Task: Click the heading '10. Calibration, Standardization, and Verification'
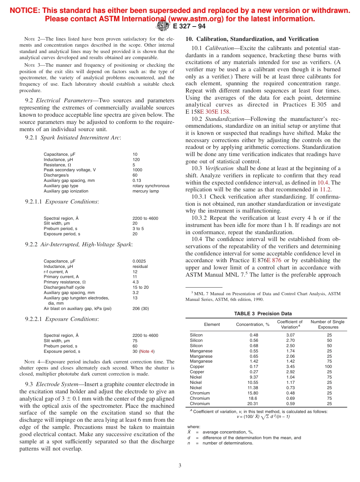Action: [x=252, y=39]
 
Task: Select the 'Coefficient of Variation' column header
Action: [x=290, y=324]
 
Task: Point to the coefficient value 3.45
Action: [x=290, y=366]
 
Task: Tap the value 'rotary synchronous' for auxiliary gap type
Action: [x=151, y=186]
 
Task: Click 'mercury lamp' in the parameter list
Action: [x=146, y=191]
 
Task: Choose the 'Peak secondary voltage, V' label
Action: [x=70, y=170]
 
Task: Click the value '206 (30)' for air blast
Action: [x=141, y=308]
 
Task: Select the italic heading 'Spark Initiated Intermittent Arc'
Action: [x=80, y=138]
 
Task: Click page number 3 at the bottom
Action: [x=180, y=465]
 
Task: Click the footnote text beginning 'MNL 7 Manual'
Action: [x=263, y=294]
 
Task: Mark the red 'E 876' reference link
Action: [x=274, y=260]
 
